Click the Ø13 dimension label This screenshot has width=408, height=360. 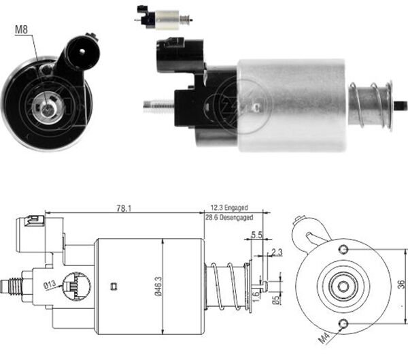pyautogui.click(x=50, y=284)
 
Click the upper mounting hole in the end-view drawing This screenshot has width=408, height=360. pyautogui.click(x=344, y=247)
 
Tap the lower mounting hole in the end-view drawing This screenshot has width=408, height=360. pyautogui.click(x=344, y=323)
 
